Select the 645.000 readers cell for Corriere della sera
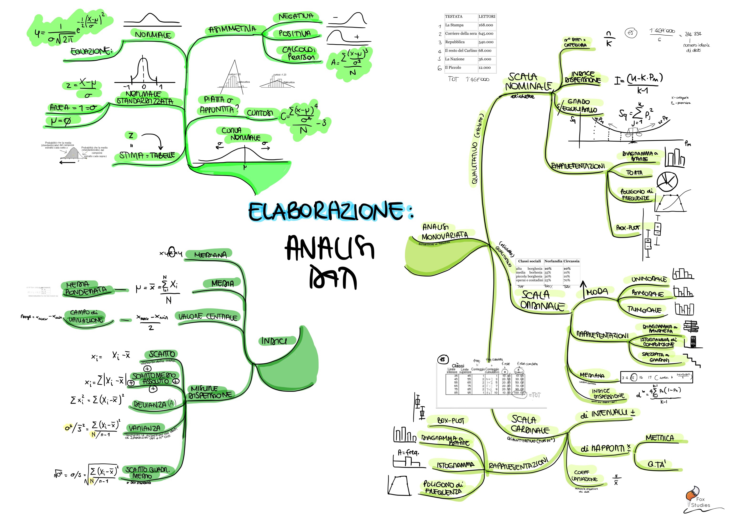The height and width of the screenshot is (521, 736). tap(486, 33)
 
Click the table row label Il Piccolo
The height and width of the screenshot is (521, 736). tap(453, 67)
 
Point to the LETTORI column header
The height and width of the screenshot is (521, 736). tap(487, 16)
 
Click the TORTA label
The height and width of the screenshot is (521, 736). tap(634, 173)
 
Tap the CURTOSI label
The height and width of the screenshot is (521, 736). tap(260, 113)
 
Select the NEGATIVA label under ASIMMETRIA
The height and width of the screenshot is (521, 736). tap(295, 16)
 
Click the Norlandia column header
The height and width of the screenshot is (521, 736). tap(553, 261)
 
